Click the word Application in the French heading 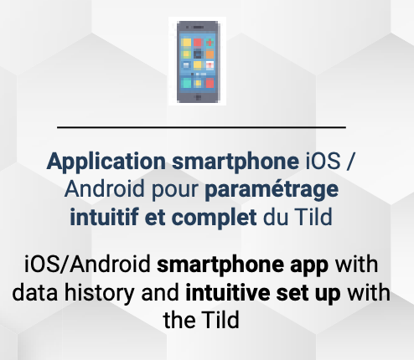point(106,162)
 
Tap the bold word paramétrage point(272,189)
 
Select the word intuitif point(104,217)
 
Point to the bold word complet point(215,218)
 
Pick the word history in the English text point(99,293)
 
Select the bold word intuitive point(228,292)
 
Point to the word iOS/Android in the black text point(88,264)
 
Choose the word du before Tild point(276,217)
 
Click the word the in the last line point(179,320)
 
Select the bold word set point(292,293)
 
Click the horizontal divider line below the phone point(201,127)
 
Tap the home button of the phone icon point(199,97)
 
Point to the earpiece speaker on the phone point(199,28)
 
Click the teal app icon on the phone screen point(186,83)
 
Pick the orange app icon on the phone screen point(210,54)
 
